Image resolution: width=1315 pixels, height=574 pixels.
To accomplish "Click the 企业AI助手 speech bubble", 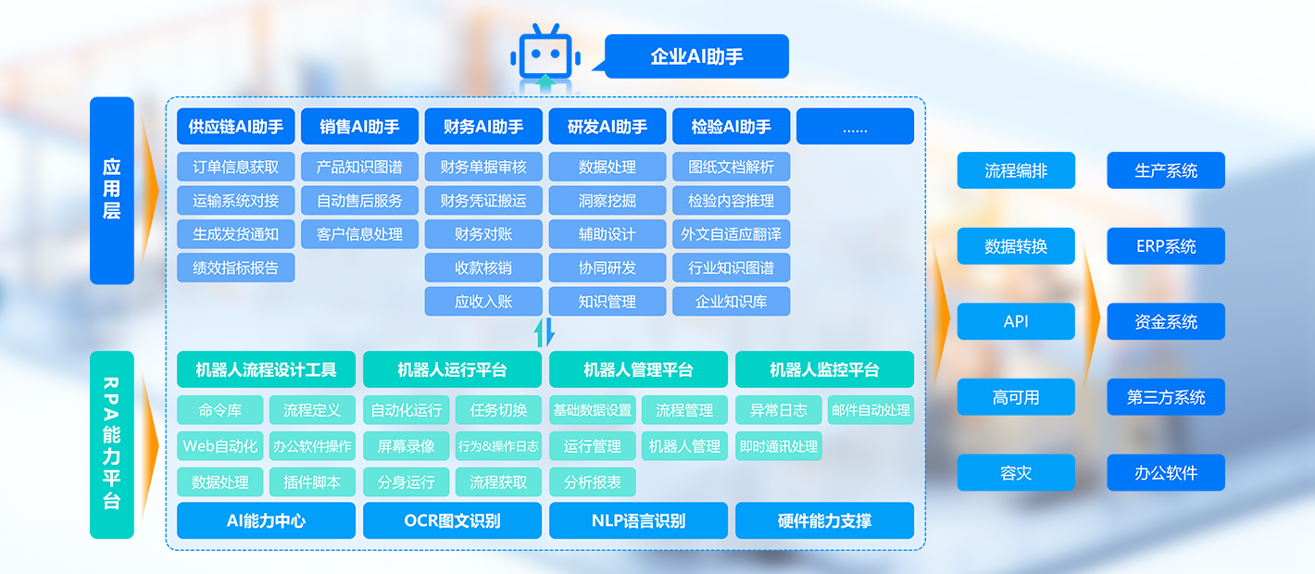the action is click(x=696, y=56).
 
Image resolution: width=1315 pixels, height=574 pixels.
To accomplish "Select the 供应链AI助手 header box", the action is click(x=235, y=126).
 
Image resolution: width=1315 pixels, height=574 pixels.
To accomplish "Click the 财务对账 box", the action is click(x=483, y=234).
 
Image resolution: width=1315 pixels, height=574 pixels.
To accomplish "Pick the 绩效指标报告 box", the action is click(x=235, y=268).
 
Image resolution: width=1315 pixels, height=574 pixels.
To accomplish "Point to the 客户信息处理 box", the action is click(x=359, y=234).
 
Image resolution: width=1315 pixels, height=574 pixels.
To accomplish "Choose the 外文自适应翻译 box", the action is click(x=731, y=234).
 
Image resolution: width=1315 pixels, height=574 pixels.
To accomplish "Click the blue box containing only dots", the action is click(x=855, y=126).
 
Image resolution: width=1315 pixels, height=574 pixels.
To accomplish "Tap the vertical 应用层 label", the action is click(x=111, y=190).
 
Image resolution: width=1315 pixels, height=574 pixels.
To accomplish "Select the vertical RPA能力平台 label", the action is click(x=111, y=444).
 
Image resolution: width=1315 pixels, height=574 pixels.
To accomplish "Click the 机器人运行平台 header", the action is click(x=452, y=369).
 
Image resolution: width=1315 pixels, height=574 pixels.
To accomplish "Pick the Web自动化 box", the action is click(x=219, y=446).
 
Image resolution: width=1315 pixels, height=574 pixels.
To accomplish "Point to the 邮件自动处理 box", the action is click(x=870, y=409).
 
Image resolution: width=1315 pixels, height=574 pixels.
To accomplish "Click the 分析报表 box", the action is click(x=593, y=481).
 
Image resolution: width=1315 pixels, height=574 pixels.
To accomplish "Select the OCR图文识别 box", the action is click(x=452, y=520).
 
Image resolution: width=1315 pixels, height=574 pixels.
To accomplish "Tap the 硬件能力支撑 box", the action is click(x=824, y=520).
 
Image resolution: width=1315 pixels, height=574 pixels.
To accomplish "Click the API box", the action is click(x=1016, y=321).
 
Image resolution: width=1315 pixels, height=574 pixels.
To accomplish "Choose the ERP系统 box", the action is click(x=1166, y=246).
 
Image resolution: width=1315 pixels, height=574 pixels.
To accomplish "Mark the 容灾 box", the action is click(x=1016, y=472).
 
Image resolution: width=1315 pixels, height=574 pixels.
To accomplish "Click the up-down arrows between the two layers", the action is click(x=545, y=332).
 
